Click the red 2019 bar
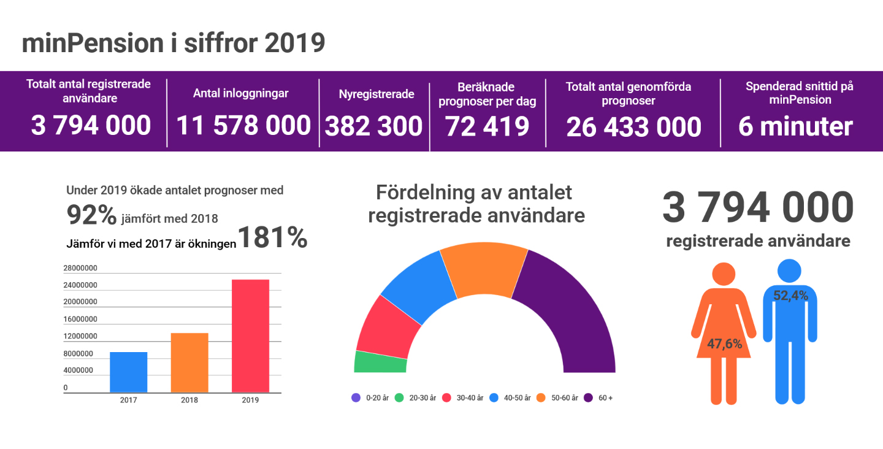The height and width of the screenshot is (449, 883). (250, 336)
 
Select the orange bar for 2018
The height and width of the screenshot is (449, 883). (189, 363)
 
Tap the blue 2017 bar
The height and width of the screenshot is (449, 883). (128, 372)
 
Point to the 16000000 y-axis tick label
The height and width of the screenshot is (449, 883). (80, 319)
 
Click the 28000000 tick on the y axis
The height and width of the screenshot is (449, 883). (80, 268)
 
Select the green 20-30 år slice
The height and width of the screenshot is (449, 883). (380, 363)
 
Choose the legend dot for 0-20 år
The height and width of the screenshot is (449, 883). (356, 397)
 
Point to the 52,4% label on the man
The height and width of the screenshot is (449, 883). (790, 296)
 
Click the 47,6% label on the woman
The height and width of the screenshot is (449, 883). (724, 343)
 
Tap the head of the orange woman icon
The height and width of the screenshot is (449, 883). (724, 274)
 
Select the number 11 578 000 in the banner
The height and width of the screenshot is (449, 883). (243, 126)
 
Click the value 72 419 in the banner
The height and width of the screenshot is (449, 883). (487, 126)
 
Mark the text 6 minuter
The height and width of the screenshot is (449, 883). (795, 126)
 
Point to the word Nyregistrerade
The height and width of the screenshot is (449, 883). (377, 94)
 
